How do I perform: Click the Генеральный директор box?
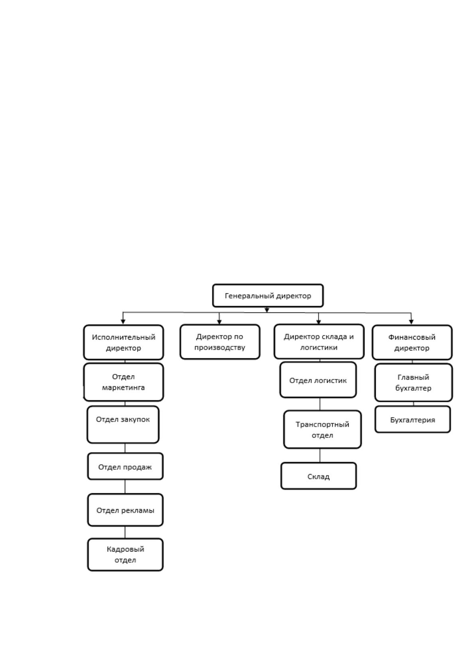pos(268,296)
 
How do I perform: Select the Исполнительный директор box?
pos(123,342)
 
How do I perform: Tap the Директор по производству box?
pos(220,342)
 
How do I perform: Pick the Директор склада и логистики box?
pos(319,342)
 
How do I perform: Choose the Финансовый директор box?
pos(412,342)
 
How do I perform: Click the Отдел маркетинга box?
pos(123,382)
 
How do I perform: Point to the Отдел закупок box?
pos(123,425)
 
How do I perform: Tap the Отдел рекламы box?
pos(125,510)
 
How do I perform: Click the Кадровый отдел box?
pos(125,554)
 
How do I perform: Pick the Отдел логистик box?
pos(318,380)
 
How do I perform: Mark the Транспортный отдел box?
pos(322,430)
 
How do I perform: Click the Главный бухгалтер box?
pos(414,382)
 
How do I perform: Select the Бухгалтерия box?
pos(413,419)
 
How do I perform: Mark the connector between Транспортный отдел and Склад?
pos(320,455)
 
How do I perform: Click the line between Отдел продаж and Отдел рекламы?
pos(125,486)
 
